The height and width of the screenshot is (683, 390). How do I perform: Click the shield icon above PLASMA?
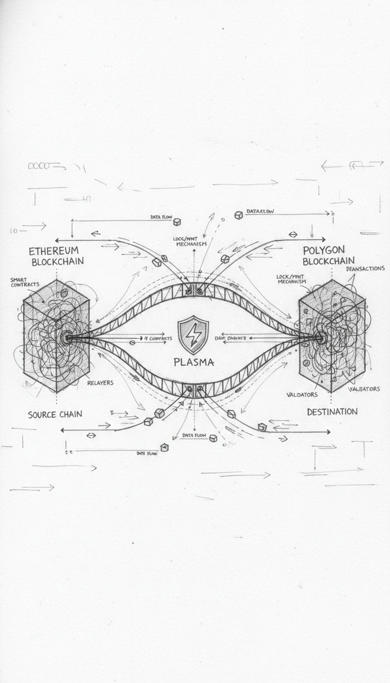pos(196,334)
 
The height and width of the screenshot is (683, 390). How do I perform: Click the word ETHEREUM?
pos(54,251)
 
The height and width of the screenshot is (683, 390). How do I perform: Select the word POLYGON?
pos(323,250)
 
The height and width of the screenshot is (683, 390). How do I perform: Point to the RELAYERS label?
pos(101,383)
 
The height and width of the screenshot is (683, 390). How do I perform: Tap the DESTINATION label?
pos(332,411)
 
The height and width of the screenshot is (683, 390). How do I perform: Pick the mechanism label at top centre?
pos(191,241)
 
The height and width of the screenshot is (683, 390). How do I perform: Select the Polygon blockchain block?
pos(331,335)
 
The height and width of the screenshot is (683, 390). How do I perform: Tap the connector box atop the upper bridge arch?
pos(195,290)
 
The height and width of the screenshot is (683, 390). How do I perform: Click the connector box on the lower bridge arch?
pos(195,390)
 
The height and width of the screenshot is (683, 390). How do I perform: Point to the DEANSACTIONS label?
pos(365,268)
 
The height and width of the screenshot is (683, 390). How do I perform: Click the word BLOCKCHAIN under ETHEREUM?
pos(57,262)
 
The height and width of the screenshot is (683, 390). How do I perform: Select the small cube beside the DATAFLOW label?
pos(238,215)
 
